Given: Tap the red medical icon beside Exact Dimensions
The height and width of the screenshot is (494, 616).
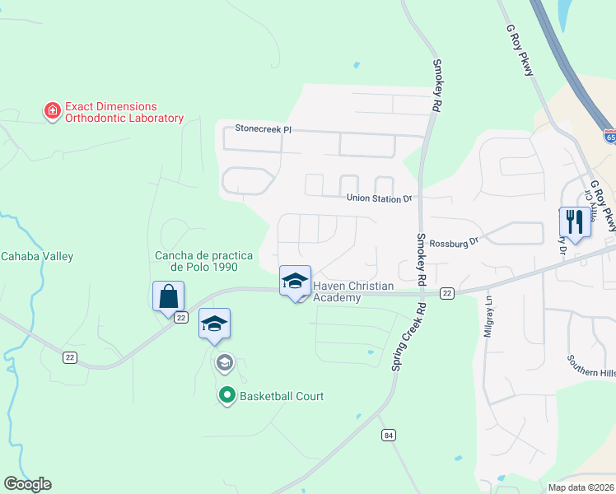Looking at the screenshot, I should click(52, 109).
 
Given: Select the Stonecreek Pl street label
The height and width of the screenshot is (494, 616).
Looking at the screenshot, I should click(264, 129).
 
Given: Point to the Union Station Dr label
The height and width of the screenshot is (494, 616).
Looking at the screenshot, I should click(378, 198).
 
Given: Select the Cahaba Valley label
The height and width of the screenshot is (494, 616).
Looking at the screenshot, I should click(36, 256).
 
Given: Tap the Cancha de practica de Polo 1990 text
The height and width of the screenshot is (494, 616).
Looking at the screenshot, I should click(196, 261).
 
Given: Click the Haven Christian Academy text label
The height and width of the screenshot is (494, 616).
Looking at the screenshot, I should click(352, 291).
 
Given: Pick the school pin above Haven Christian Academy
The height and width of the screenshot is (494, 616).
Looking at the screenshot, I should click(295, 282).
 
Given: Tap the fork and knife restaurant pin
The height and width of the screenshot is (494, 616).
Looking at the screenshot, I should click(574, 221).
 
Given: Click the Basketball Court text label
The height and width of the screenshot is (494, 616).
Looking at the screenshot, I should click(282, 396).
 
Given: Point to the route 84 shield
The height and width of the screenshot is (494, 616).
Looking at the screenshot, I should click(388, 435).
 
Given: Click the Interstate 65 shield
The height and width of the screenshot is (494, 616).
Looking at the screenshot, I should click(610, 137).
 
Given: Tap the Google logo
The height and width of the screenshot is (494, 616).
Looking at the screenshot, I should click(27, 484).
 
